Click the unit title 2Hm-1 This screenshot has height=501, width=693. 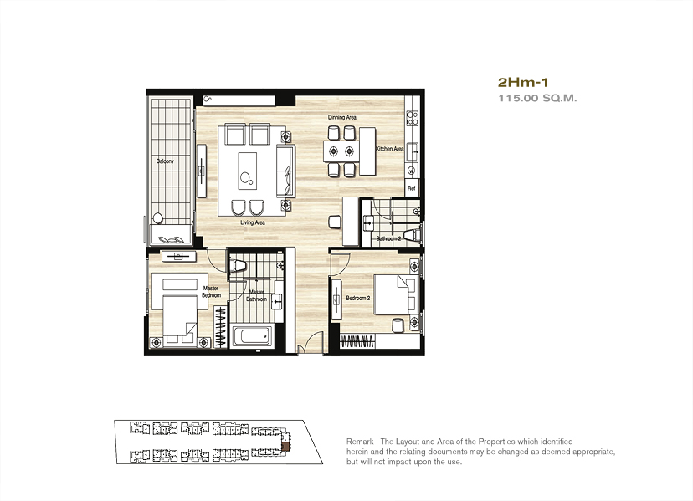[x=523, y=82]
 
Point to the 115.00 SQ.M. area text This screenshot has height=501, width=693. [x=537, y=98]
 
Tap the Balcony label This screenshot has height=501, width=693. [x=165, y=161]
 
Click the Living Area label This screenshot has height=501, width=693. [x=253, y=222]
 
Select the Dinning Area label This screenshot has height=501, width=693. [x=342, y=117]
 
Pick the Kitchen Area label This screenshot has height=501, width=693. [x=390, y=149]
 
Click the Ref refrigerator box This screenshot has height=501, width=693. [x=412, y=187]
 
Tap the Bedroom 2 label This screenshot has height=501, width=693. [x=358, y=299]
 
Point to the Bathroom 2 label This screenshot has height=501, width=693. [x=388, y=238]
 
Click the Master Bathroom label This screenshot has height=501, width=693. [x=257, y=295]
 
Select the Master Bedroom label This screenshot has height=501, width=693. [x=211, y=292]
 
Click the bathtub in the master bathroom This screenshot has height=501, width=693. [x=251, y=337]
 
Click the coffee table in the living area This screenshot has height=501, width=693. [x=248, y=171]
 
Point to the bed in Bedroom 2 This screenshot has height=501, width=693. [x=397, y=294]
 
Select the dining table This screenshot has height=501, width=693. [x=341, y=151]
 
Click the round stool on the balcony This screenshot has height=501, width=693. [x=158, y=217]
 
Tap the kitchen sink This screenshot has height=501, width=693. [x=413, y=151]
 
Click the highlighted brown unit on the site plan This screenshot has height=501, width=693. [x=286, y=447]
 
